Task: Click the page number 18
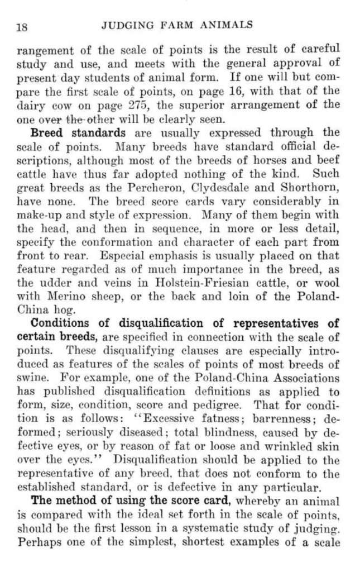(23, 26)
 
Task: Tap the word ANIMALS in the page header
(230, 25)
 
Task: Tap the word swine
(32, 378)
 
